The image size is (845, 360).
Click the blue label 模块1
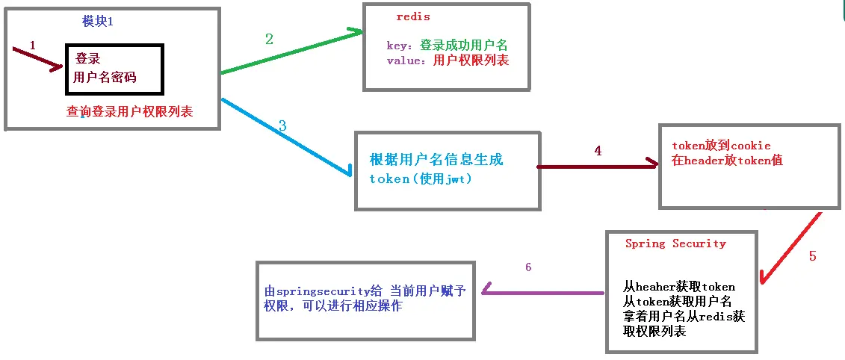(98, 22)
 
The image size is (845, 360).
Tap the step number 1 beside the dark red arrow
(33, 46)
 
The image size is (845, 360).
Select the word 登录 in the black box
(87, 58)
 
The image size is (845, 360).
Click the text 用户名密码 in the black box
(105, 78)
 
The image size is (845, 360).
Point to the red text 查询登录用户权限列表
(129, 112)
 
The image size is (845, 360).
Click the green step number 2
(269, 40)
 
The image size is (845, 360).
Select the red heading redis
(413, 16)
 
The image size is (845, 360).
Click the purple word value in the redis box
(403, 60)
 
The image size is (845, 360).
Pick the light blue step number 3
(282, 126)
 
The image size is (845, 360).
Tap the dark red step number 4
(597, 150)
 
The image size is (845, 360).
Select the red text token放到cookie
(721, 145)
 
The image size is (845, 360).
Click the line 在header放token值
(727, 160)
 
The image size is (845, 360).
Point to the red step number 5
(812, 256)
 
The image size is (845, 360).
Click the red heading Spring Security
(675, 243)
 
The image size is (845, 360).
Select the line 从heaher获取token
(678, 286)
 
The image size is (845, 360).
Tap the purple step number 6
(528, 267)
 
